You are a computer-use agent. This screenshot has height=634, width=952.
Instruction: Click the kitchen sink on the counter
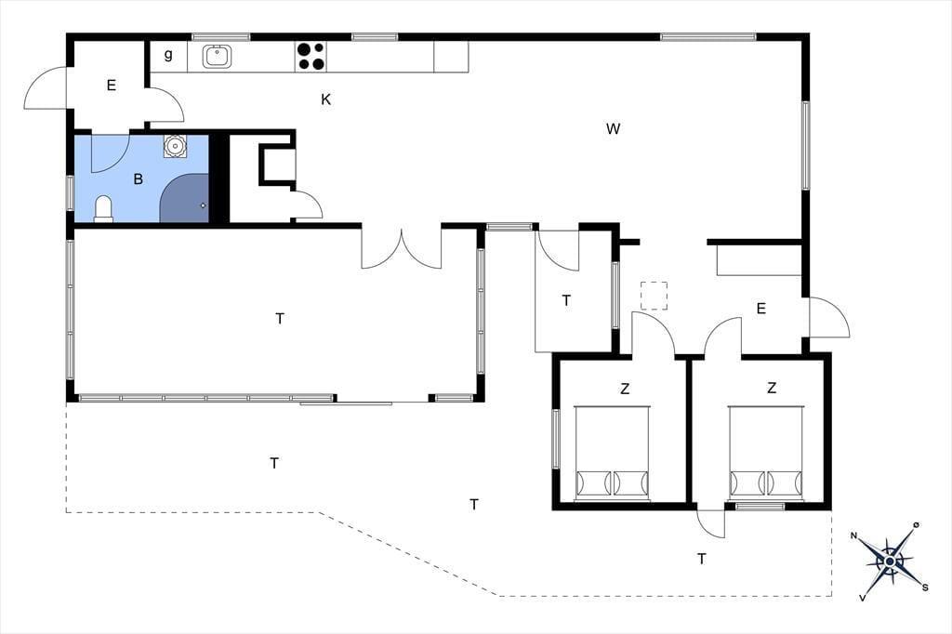coord(217,57)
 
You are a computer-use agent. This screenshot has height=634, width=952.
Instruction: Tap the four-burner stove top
coord(311,57)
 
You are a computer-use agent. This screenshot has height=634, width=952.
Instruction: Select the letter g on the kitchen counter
coord(168,55)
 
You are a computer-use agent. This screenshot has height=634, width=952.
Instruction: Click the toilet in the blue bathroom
coord(104,208)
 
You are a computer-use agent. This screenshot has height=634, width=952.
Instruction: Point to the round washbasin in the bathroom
coord(175,146)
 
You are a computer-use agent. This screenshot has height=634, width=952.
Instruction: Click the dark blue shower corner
coord(185,198)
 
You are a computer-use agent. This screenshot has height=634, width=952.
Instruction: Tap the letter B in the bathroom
coord(139,179)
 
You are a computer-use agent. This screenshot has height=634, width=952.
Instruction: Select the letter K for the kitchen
coord(326,99)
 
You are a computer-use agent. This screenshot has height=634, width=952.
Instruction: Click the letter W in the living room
coord(614,128)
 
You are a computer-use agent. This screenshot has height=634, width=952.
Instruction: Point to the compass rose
coord(890,561)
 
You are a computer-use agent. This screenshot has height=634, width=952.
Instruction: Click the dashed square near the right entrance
coord(654,296)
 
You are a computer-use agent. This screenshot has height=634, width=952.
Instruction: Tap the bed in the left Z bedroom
coord(612,454)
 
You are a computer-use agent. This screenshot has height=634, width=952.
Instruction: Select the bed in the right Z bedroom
coord(767,454)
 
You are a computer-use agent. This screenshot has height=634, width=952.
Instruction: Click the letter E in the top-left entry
coord(112,86)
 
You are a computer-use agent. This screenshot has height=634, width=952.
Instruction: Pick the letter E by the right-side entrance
coord(760,310)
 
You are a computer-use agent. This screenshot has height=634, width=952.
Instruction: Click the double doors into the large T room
coord(402,248)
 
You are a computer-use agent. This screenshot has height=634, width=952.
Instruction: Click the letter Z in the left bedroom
coord(625,388)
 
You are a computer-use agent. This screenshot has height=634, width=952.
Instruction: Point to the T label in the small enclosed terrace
coord(566,300)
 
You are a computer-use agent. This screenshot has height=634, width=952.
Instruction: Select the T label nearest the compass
coord(702,559)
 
